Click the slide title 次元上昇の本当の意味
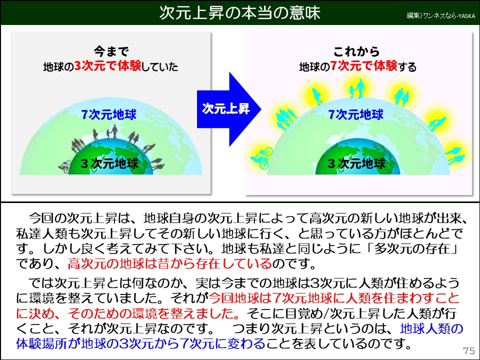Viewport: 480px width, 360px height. (x=239, y=13)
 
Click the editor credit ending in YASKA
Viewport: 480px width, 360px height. (x=440, y=16)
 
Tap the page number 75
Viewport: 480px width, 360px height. (x=468, y=350)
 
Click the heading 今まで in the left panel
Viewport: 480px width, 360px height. (x=111, y=52)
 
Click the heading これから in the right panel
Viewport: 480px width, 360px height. (x=356, y=52)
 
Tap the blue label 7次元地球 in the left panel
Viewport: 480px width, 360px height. (x=108, y=114)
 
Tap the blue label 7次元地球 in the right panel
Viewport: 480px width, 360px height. (x=355, y=114)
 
